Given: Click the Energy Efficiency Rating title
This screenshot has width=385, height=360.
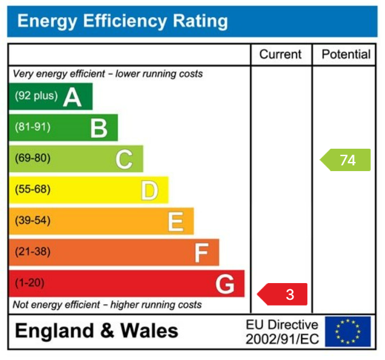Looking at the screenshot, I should (x=122, y=22).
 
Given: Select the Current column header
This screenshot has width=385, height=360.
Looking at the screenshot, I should (x=280, y=55).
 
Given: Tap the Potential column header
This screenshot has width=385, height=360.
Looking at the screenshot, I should (x=346, y=55).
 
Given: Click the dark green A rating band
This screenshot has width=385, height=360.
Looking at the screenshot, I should (x=51, y=96).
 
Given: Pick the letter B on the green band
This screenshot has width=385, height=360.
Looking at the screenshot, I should (x=99, y=128).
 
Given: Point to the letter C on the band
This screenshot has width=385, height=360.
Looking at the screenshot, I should (x=124, y=159).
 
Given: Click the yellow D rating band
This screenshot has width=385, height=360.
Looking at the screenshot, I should (x=88, y=190).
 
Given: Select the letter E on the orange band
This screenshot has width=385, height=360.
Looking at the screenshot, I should (x=175, y=222).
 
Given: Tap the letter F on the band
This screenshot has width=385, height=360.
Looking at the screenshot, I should (x=201, y=253).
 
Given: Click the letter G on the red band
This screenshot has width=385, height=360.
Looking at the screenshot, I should (x=225, y=284).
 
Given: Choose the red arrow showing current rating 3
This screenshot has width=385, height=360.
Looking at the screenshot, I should (x=283, y=295).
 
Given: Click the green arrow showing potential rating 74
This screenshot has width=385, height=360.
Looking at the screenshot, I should (x=345, y=160).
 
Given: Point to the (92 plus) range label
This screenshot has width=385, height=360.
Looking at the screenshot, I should (x=36, y=96).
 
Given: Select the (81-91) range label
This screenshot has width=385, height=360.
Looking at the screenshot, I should (x=32, y=127).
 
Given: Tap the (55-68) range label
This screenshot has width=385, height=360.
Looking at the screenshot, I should (x=32, y=189).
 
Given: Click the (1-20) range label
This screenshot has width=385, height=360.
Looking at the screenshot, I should (x=29, y=283).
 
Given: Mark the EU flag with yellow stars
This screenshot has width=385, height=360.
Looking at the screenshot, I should (x=348, y=332).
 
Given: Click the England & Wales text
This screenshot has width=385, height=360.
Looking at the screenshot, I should (x=97, y=331).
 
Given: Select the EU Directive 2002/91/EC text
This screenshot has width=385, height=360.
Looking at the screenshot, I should (x=282, y=332).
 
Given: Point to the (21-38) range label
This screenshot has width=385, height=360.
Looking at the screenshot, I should (x=32, y=252).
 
